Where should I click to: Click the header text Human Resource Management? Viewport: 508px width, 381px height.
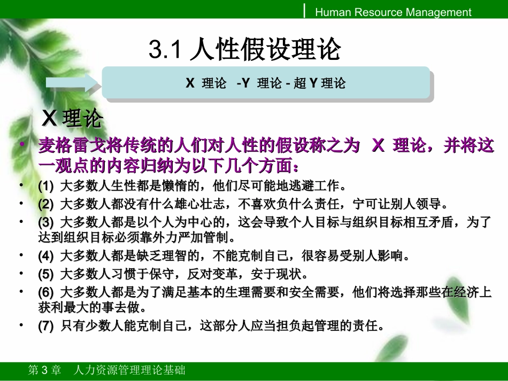point(393,12)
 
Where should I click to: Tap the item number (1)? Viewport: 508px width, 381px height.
point(47,186)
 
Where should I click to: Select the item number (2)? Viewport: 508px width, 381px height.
point(47,204)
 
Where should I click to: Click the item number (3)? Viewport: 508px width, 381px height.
point(47,222)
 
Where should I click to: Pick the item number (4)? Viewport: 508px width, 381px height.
point(47,256)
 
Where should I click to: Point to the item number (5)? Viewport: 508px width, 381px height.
point(47,274)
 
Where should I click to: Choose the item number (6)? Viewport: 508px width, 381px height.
point(47,292)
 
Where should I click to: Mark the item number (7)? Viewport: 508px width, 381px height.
point(47,326)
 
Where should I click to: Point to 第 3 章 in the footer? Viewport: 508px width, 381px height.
point(44,370)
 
